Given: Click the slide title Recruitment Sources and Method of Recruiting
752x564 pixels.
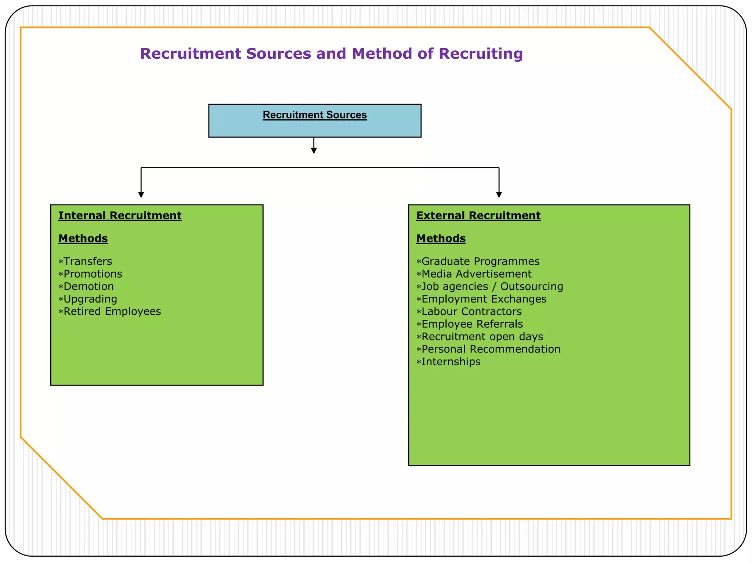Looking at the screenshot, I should (x=331, y=54).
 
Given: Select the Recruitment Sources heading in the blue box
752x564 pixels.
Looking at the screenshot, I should (x=315, y=115).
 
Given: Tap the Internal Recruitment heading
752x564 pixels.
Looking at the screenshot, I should (x=120, y=216).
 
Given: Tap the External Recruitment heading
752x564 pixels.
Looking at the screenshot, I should (x=478, y=216).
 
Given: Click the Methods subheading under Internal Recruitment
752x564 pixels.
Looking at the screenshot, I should (x=83, y=239).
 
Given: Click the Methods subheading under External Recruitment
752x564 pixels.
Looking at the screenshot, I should (x=441, y=239).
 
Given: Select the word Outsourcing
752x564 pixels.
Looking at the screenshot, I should (x=532, y=286).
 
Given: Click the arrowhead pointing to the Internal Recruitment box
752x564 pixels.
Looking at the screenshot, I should (x=141, y=195).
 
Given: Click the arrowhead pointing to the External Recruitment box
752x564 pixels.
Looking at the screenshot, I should (x=499, y=195).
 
